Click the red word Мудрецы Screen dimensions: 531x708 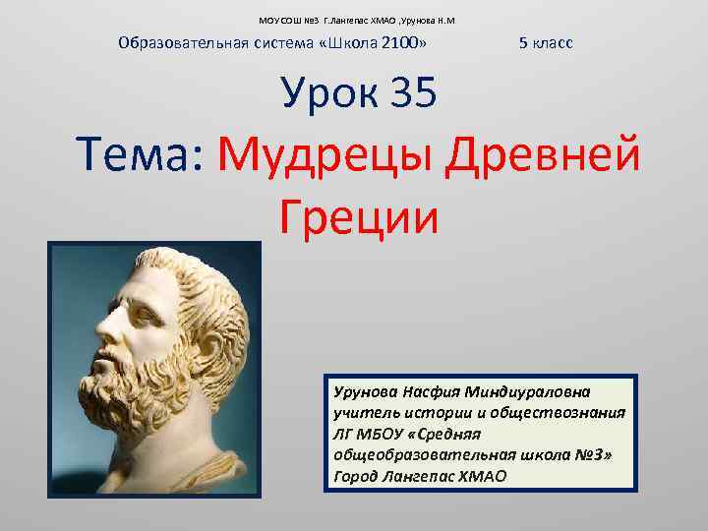pyautogui.click(x=326, y=155)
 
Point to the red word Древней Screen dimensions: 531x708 pyautogui.click(x=543, y=154)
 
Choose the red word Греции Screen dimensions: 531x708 pyautogui.click(x=358, y=215)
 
